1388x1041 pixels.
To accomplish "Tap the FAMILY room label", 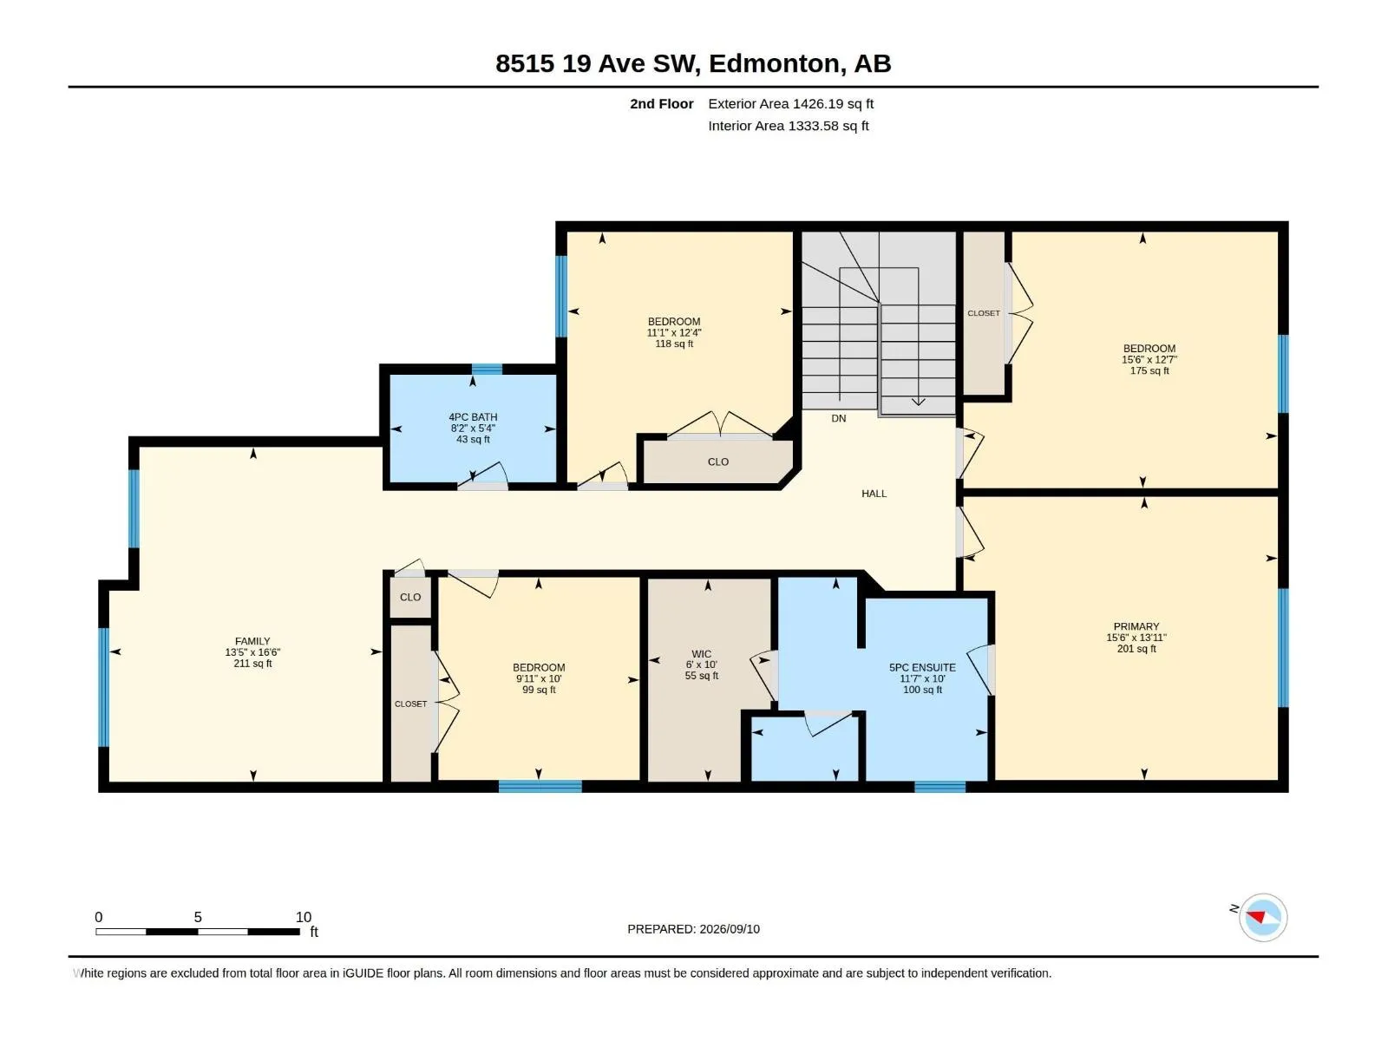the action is pos(252,641).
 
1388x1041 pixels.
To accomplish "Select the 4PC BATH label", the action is pos(473,417).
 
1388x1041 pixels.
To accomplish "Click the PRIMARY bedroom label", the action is pos(1136,626).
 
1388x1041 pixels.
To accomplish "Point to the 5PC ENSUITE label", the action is pos(922,667).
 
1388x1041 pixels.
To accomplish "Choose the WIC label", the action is pos(701,654).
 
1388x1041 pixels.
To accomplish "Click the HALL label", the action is pos(874,494).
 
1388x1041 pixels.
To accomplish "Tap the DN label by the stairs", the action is pos(839,418).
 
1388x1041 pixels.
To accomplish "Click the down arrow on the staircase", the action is pos(918,401).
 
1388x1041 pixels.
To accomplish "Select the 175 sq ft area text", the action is pos(1149,371).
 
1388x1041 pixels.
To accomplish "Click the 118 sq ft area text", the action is pos(674,344).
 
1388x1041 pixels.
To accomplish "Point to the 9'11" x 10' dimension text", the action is pos(539,679).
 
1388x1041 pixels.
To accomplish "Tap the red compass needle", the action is pos(1256,916).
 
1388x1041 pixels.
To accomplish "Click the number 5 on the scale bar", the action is pos(198,917).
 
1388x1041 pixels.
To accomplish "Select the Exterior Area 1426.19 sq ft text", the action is pos(790,103).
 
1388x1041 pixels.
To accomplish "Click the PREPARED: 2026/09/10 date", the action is pos(694,929).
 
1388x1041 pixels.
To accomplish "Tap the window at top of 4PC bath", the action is pos(487,370).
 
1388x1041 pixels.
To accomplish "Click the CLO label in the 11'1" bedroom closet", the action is pos(717,462).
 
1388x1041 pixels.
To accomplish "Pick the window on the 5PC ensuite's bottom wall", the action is pos(940,787).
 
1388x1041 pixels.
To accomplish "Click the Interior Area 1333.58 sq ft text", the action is pos(788,126).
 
